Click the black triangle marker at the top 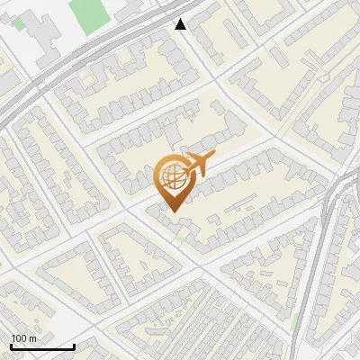coord(181,24)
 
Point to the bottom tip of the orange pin coord(172,211)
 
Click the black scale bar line coord(41,347)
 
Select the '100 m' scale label coord(23,338)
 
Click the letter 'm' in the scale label coord(32,338)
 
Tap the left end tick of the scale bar coord(11,345)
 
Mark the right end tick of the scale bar coord(74,345)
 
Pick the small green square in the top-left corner coord(19,25)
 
